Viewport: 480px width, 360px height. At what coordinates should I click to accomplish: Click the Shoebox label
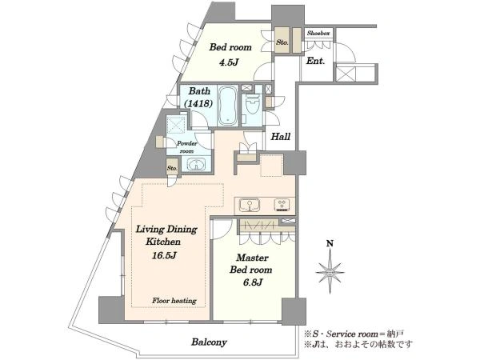coord(318,34)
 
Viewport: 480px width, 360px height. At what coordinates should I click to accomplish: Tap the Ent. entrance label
coord(315,61)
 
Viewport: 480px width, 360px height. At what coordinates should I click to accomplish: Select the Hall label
coord(281,137)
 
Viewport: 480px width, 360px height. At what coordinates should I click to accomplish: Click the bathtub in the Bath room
coord(228,105)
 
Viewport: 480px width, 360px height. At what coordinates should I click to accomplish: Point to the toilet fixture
coord(253,103)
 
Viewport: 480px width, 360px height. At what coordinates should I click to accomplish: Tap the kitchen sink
coord(250,205)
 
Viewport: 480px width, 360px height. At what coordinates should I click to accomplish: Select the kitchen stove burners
coord(282,205)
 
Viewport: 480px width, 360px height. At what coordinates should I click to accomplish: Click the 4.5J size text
coord(228,62)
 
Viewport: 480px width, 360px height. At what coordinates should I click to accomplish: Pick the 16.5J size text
coord(164,255)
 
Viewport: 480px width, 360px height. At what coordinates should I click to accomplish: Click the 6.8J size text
coord(253,282)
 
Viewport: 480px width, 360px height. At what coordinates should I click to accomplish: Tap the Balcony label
coord(209,342)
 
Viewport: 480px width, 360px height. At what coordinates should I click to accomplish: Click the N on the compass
coord(330,244)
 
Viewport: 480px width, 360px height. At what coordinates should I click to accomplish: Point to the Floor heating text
coord(174,301)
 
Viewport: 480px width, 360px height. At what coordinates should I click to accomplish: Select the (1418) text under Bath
coord(198,104)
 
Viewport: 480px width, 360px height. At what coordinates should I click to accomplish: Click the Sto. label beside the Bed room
coord(282,42)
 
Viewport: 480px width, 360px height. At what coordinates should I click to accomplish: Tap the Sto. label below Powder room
coord(172,168)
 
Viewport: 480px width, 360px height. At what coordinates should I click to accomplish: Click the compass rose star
coord(330,271)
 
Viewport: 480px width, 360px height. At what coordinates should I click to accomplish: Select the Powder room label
coord(186,147)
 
